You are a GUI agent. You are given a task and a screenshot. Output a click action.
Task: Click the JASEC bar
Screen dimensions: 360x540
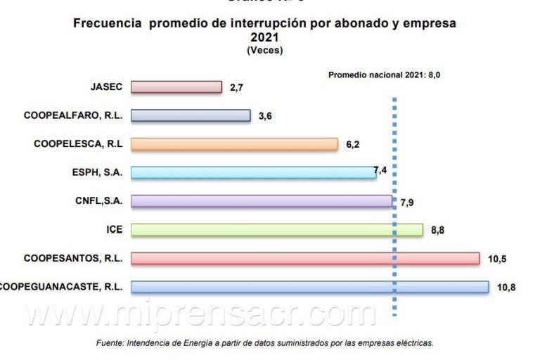(176, 87)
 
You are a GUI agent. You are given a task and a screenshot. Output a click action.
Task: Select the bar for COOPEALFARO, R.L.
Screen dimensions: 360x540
(191, 115)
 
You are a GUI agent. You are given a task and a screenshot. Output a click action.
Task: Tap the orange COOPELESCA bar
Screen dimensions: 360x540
(234, 144)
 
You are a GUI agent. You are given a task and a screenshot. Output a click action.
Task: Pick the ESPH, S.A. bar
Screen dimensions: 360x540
(253, 172)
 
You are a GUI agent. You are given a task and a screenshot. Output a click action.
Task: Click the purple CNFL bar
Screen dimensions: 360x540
(262, 201)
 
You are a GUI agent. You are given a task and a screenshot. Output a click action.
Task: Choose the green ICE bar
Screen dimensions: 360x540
(277, 230)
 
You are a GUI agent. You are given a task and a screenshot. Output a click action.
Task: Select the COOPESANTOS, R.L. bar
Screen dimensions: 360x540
(305, 258)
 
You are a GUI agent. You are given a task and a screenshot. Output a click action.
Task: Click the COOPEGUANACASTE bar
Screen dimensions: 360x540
(309, 287)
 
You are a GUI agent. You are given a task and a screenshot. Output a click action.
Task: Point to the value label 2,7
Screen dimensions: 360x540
(236, 88)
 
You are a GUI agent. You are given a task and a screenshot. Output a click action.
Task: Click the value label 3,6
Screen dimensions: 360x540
(265, 116)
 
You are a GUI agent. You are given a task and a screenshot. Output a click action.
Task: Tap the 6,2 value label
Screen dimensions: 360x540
(352, 144)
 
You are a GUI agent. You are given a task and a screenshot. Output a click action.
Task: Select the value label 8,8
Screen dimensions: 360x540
(437, 230)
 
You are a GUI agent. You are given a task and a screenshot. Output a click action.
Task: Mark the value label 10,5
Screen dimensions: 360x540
(496, 259)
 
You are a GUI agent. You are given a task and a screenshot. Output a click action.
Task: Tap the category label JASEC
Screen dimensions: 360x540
(107, 87)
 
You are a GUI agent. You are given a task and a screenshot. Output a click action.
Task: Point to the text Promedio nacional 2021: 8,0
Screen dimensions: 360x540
(388, 74)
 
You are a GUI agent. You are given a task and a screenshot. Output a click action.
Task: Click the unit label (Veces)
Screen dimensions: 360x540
(264, 51)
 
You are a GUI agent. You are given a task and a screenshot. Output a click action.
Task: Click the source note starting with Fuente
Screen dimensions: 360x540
(264, 343)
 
